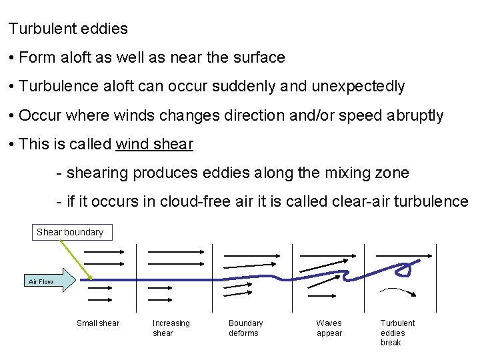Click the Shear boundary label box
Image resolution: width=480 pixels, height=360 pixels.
70,232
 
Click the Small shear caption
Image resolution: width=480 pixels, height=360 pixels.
98,323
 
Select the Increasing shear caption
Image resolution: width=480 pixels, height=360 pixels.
171,328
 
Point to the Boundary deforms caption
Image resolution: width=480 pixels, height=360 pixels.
245,328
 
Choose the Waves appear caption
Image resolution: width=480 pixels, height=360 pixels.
329,328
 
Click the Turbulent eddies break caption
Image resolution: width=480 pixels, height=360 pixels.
397,333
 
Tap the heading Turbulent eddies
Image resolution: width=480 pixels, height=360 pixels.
68,29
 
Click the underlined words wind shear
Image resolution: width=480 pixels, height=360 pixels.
155,144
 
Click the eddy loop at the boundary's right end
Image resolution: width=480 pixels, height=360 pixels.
403,269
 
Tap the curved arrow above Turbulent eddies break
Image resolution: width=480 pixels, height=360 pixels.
400,291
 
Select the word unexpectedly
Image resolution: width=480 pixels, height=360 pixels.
362,87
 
